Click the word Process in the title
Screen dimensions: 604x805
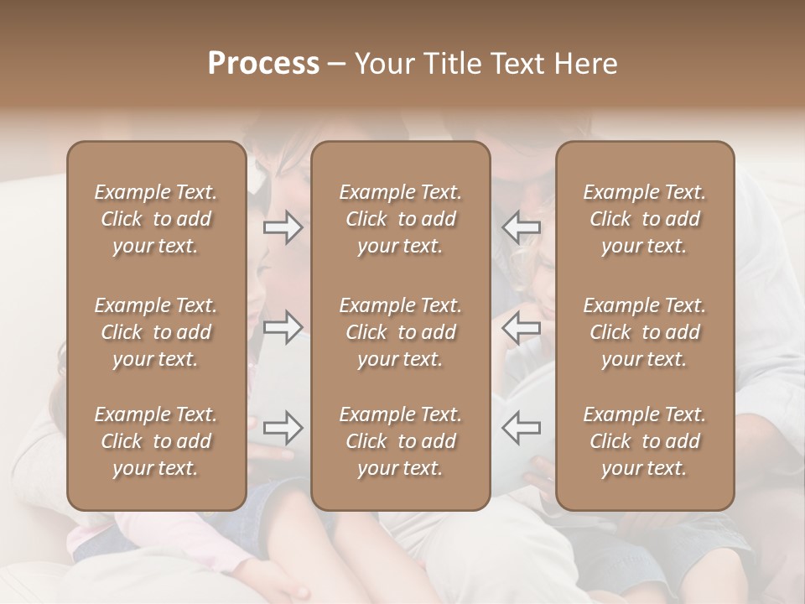coord(263,64)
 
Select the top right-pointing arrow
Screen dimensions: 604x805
coord(283,227)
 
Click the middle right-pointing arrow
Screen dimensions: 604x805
coord(283,327)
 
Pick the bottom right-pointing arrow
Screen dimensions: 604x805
coord(283,428)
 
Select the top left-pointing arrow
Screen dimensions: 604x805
coord(522,227)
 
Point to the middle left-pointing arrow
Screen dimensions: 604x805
coord(522,327)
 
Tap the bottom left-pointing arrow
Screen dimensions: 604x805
coord(522,428)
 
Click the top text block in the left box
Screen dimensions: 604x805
coord(156,219)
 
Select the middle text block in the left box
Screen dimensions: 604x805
coord(156,332)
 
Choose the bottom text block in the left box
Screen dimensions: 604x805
coord(156,441)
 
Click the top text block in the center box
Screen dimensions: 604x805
coord(400,219)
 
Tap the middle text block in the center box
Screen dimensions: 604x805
coord(400,332)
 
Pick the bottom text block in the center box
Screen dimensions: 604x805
coord(400,441)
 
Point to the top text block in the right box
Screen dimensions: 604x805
coord(645,219)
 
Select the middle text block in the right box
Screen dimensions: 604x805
coord(645,332)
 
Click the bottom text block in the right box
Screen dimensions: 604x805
coord(645,441)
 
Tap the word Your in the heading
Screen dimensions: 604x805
coord(385,64)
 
